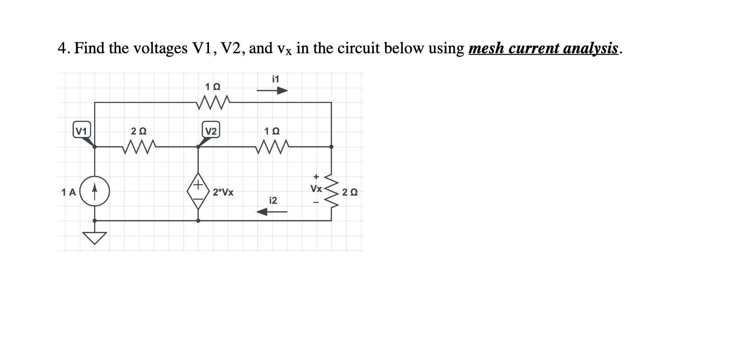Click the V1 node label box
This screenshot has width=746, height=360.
click(81, 131)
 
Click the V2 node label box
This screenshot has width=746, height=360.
click(211, 131)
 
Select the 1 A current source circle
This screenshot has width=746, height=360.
click(95, 191)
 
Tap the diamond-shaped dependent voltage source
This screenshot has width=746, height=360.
click(198, 191)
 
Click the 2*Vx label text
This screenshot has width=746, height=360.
click(223, 192)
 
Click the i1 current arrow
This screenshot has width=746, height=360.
click(272, 91)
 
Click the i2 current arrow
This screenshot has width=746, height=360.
click(272, 212)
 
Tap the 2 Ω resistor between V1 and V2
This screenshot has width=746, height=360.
click(139, 147)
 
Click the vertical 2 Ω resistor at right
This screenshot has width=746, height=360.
click(331, 191)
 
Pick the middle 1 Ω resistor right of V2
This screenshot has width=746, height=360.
click(272, 147)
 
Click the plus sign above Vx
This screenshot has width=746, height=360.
click(316, 176)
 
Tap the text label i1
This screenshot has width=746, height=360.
click(275, 79)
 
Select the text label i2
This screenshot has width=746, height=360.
click(273, 200)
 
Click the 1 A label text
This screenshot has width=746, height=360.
click(68, 192)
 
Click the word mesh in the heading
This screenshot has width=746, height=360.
click(488, 48)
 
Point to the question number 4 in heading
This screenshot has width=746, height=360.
click(62, 48)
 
